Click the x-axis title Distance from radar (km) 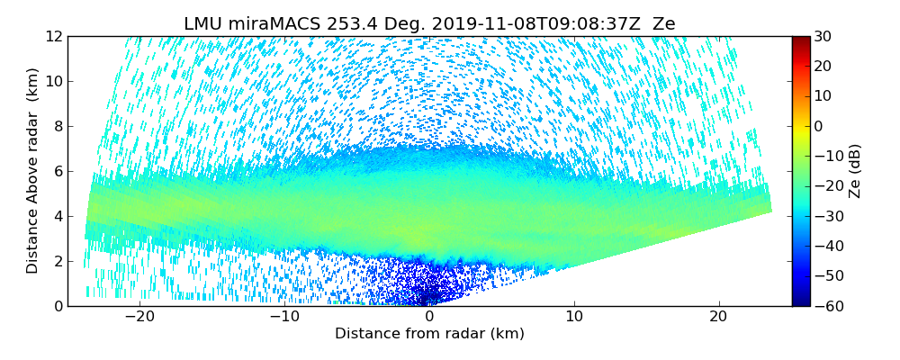[429, 334]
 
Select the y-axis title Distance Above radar [32, 171]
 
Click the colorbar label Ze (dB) [855, 171]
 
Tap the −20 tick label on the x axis [140, 317]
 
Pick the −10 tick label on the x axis [284, 317]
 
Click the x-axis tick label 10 [574, 317]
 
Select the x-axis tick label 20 [718, 317]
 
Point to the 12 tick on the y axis [52, 36]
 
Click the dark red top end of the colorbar [800, 39]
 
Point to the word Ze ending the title [663, 24]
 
